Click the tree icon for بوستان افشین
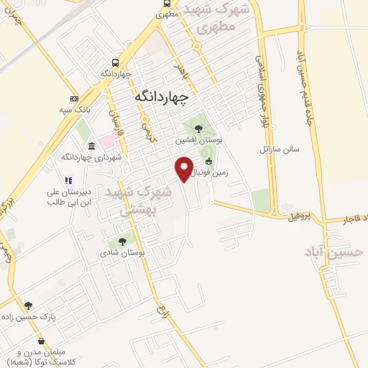point(199,129)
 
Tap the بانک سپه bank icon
point(74,98)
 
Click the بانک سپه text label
point(74,110)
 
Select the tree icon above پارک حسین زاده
point(29,305)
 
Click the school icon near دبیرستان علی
point(68,180)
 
